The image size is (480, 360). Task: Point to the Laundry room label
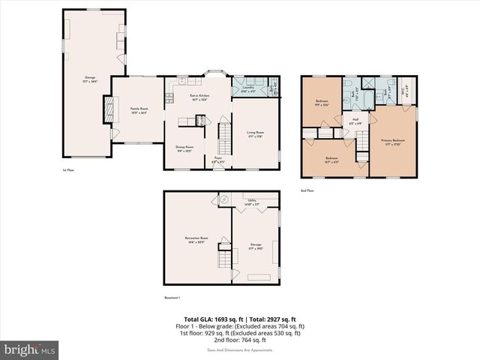point(248,88)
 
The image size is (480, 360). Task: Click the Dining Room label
point(184,148)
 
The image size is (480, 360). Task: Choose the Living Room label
point(256,134)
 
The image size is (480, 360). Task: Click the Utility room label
point(253,202)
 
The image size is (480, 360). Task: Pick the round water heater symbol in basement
point(224,199)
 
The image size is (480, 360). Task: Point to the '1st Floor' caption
point(68,170)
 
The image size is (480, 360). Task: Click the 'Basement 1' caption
point(173,297)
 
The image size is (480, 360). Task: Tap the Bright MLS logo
point(29,349)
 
